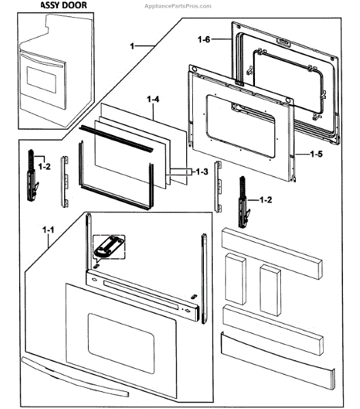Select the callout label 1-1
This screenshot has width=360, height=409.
pyautogui.click(x=48, y=231)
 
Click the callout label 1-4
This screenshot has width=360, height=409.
pyautogui.click(x=153, y=100)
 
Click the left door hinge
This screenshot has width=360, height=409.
pyautogui.click(x=29, y=177)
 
